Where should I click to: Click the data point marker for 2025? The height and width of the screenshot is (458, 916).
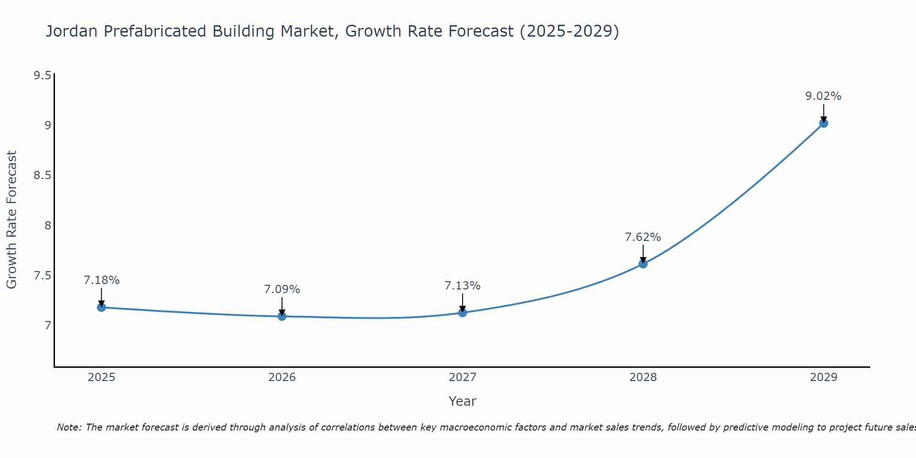point(102,307)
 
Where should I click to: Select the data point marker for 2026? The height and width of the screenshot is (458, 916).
point(282,316)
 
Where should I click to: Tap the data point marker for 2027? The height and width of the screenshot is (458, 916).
point(463,312)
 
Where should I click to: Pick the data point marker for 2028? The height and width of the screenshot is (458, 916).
point(643,264)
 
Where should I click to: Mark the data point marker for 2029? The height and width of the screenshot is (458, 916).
point(823,123)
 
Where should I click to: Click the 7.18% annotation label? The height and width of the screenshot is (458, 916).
point(102,280)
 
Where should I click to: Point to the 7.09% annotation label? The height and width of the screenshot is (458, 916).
point(282,289)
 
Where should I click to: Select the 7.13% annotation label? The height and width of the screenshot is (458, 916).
point(463,286)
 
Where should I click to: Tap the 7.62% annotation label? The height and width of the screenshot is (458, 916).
point(643,237)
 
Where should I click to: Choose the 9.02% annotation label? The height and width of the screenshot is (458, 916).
point(823,96)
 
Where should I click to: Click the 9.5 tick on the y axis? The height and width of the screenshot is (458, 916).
point(42,76)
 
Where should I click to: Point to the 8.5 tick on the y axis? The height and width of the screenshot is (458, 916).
point(42,175)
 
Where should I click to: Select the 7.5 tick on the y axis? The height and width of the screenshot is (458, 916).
point(42,276)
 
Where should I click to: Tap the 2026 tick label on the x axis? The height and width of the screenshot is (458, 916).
point(282,377)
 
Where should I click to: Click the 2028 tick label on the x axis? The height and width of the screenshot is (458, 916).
point(643,377)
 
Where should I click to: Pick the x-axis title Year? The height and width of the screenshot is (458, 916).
point(463,401)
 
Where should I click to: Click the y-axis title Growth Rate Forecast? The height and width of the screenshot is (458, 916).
point(11,220)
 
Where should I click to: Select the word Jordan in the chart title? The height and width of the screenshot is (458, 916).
point(71,32)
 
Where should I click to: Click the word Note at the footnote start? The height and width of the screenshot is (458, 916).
point(69,427)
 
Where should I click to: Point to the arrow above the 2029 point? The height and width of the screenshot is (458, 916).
point(823,113)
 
